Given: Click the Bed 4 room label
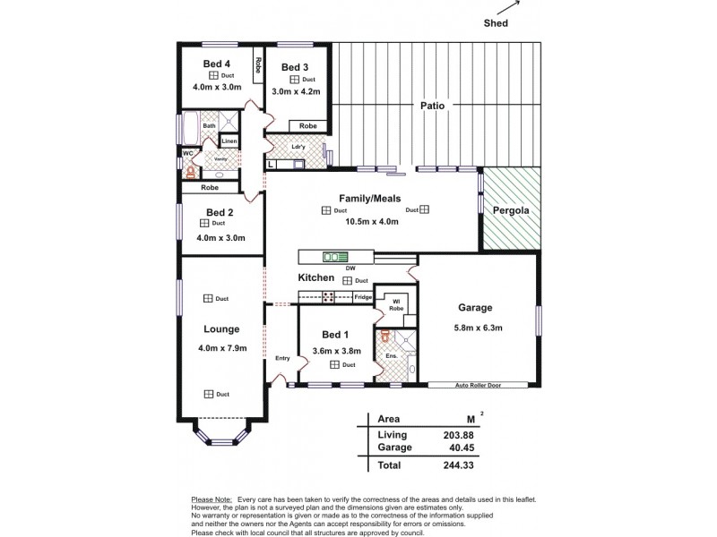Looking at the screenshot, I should pos(217,64).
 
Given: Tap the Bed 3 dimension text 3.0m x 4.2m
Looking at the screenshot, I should pos(295,92).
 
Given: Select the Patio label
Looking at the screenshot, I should pos(432,106).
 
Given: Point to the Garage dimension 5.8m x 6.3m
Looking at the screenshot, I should pos(478,328).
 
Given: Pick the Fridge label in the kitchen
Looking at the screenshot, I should pos(362,296).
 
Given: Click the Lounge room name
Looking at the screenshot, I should pos(220,328).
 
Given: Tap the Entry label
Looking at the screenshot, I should pos(282,358).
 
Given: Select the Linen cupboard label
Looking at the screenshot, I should pos(229,141).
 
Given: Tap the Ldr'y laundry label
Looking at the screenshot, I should pos(299,147).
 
